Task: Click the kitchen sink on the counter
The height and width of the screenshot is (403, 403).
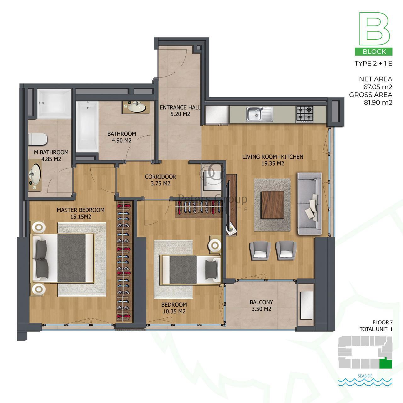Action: point(259,114)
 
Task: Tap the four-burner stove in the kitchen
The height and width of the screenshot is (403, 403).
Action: point(304,114)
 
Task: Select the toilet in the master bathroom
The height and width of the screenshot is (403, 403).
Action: point(38,139)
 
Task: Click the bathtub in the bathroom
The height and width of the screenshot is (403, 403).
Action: point(87,127)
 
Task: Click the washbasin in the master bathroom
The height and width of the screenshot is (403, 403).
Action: point(35,175)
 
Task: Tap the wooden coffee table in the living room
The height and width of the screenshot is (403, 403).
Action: point(272,205)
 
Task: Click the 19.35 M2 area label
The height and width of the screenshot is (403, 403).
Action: point(273,163)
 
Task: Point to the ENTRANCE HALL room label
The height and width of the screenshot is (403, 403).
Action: point(180,107)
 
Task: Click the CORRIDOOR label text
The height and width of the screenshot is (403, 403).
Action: point(160,177)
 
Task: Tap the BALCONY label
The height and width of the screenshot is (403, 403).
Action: point(261,302)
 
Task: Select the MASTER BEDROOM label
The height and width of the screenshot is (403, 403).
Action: point(81,210)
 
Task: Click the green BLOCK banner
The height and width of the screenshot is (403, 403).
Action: point(373,52)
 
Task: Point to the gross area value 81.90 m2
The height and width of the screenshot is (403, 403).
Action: point(378,102)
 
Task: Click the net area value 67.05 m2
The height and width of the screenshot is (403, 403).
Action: point(378,87)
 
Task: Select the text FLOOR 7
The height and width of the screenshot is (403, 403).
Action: point(383,322)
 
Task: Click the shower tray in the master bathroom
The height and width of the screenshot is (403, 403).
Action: point(54,104)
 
